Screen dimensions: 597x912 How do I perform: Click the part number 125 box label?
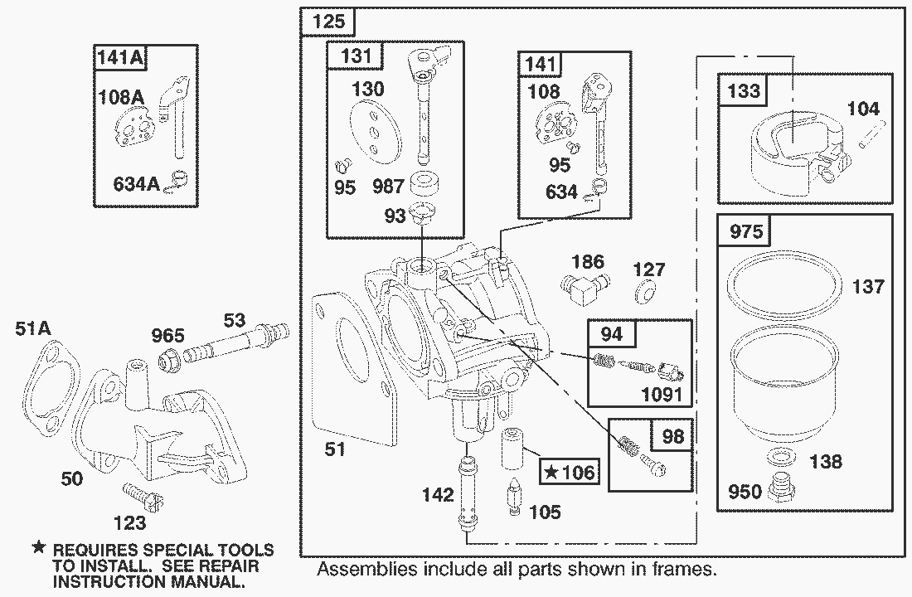click(x=327, y=22)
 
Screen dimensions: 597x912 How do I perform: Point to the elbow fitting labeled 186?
click(x=588, y=289)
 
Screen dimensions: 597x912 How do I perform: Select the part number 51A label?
click(x=32, y=329)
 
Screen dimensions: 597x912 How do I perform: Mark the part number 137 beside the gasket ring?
click(x=869, y=287)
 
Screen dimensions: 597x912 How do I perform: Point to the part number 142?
click(x=438, y=495)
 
